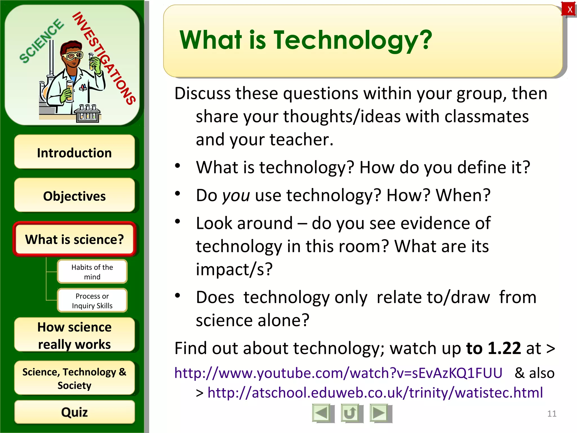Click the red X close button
[x=569, y=10]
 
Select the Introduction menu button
[x=74, y=153]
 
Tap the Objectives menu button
[x=74, y=196]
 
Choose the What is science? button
[x=74, y=239]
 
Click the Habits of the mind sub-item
[x=92, y=271]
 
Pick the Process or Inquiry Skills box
[x=92, y=301]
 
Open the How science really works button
[x=74, y=335]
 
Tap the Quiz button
[x=74, y=412]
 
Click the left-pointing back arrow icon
[x=322, y=413]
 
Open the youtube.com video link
[x=338, y=373]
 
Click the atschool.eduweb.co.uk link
[x=375, y=392]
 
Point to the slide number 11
[x=552, y=414]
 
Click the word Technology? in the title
[x=353, y=40]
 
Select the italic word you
[x=236, y=195]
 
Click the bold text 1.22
[x=504, y=348]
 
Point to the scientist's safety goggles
[x=73, y=56]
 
